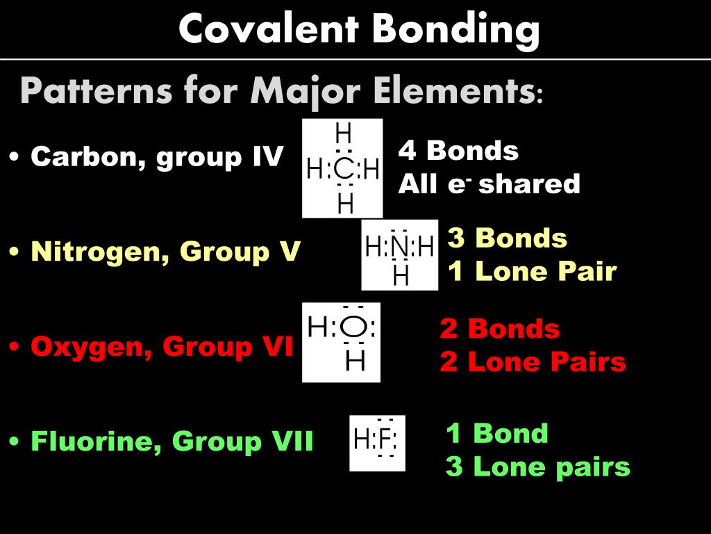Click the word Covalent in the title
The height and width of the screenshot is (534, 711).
268,30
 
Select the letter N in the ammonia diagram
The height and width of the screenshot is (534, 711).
399,246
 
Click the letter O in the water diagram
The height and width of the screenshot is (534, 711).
354,326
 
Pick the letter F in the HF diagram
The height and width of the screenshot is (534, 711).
386,439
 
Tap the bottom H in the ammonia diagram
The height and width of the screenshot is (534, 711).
401,277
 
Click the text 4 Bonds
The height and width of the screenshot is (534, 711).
458,150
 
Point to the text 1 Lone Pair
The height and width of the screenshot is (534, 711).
532,271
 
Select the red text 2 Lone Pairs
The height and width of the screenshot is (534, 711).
533,362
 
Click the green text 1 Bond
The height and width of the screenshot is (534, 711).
496,433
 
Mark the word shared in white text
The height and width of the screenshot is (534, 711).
529,184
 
